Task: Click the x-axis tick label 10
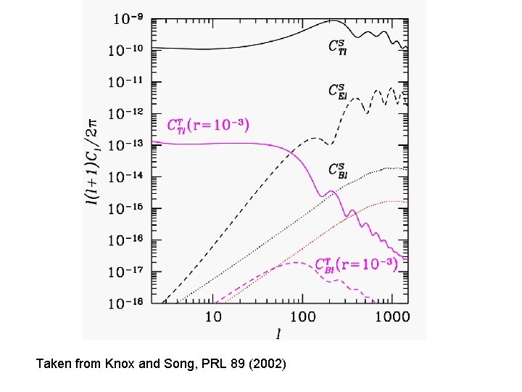point(213,317)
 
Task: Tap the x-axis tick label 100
point(303,317)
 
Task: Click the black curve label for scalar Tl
point(336,47)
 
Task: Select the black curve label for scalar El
point(336,91)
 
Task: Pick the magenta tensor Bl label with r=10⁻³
point(356,265)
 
